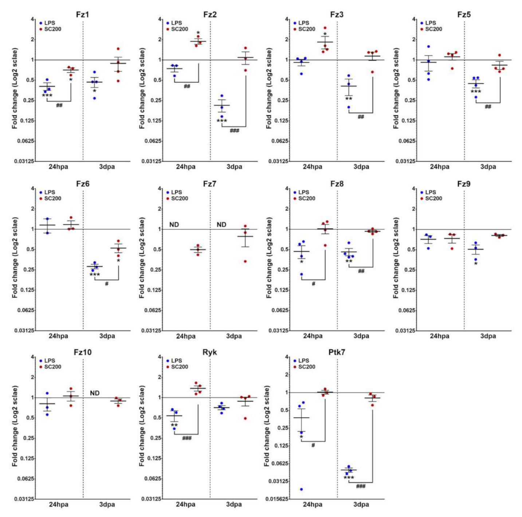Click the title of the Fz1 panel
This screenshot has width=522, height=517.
[83, 15]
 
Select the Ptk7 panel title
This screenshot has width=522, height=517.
[337, 352]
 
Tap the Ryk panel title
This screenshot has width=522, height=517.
[210, 352]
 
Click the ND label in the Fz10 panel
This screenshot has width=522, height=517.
[95, 393]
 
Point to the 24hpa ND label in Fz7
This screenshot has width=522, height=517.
[174, 225]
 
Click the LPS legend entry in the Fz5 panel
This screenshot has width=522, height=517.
[430, 23]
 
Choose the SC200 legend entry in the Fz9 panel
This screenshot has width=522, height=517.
[433, 198]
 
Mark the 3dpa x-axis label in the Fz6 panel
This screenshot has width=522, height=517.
[107, 336]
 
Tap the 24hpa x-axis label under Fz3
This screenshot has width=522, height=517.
[313, 167]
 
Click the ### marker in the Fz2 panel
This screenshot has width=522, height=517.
[234, 131]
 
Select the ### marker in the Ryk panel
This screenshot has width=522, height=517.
[187, 438]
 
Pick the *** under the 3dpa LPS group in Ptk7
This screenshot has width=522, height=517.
[349, 478]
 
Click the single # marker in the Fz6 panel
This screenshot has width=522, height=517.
[107, 283]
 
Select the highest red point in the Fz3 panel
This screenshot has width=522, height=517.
[325, 28]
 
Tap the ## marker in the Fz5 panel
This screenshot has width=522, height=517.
[488, 106]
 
